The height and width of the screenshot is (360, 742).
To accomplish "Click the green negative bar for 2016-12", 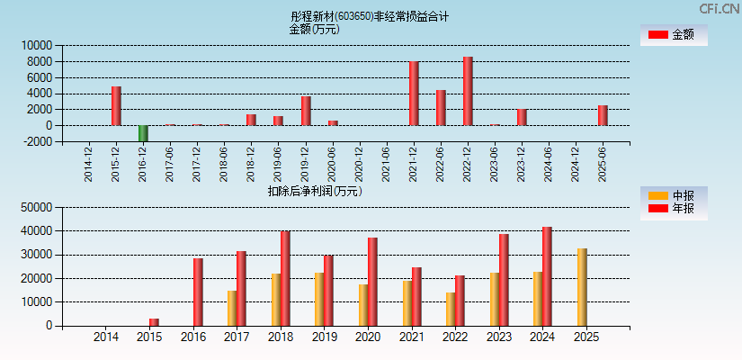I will pos(143,133).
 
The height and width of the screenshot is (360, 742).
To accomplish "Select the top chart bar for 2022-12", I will pos(468,91).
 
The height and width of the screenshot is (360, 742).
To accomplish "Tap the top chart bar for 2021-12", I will pos(414,94).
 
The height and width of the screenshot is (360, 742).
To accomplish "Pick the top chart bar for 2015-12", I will pos(116,106).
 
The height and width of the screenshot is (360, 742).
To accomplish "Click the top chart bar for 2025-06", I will pos(603,115).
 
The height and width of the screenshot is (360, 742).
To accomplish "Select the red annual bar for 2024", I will pos(547,276).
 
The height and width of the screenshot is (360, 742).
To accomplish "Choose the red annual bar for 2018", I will pos(285,279).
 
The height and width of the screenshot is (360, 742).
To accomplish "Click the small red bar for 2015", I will pos(154,322).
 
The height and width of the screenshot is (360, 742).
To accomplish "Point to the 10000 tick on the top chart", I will pos(37,45).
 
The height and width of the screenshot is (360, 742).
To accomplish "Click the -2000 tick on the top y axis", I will pos(37,142).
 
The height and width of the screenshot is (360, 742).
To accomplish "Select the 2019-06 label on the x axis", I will pos(279,164).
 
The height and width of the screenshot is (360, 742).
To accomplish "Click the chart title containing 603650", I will pos(370,16).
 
